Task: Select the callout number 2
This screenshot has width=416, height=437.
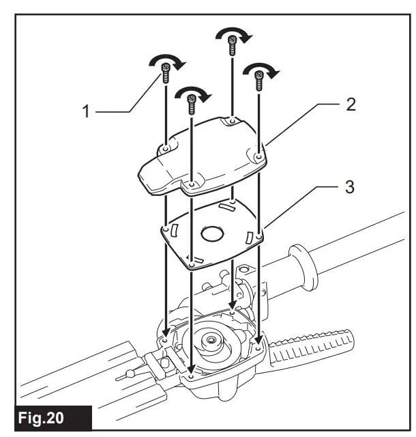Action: point(351,104)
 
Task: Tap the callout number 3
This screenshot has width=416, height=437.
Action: point(349,186)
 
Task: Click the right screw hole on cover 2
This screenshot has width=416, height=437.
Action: point(258,158)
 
